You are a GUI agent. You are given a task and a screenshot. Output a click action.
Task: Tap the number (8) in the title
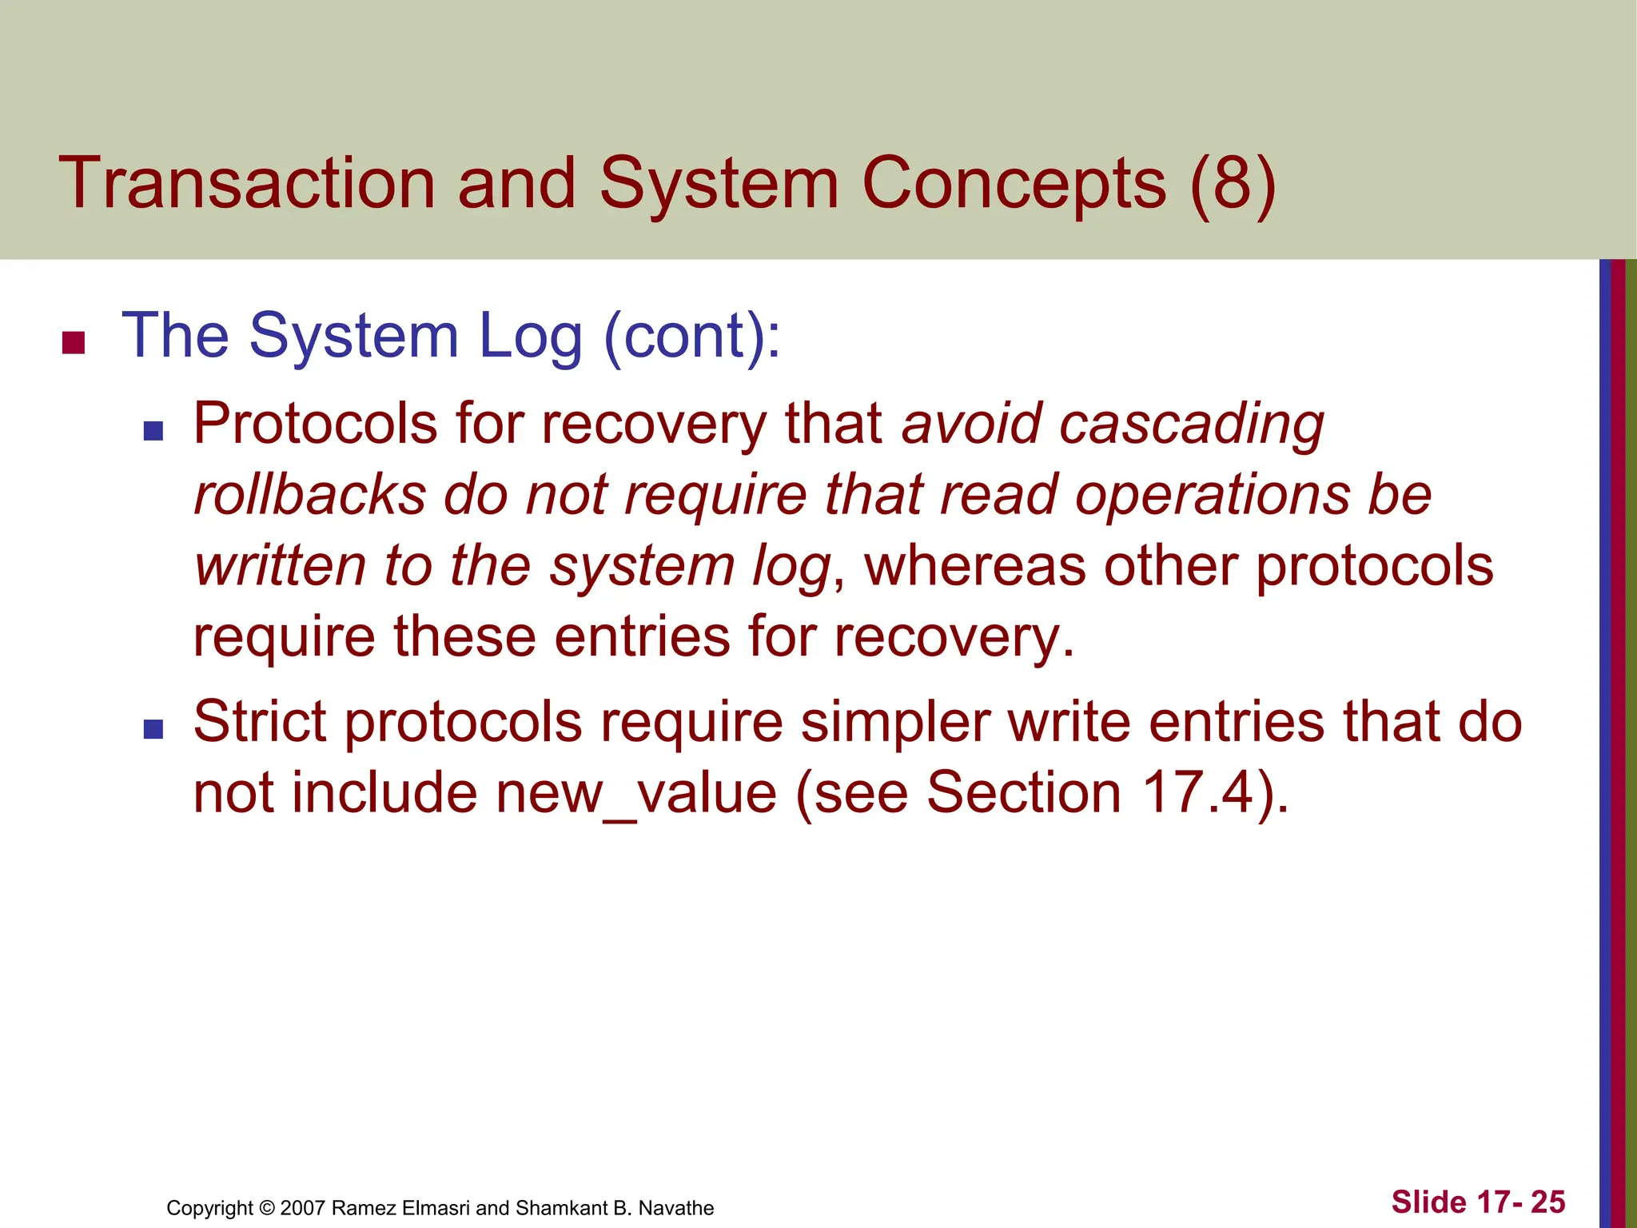click(1232, 184)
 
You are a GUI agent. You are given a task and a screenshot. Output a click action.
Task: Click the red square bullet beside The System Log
click(74, 343)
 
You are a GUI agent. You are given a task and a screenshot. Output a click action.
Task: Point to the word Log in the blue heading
click(530, 337)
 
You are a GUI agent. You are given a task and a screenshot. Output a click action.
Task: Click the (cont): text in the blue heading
click(692, 337)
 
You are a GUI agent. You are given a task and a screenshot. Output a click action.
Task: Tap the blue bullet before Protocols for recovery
click(153, 432)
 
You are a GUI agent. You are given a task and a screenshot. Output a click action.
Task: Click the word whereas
click(974, 566)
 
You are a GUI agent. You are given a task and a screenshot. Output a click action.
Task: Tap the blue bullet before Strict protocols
click(153, 729)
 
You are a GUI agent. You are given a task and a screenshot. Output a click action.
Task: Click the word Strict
click(261, 722)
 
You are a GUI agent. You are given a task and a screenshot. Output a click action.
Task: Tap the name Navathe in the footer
click(675, 1208)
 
